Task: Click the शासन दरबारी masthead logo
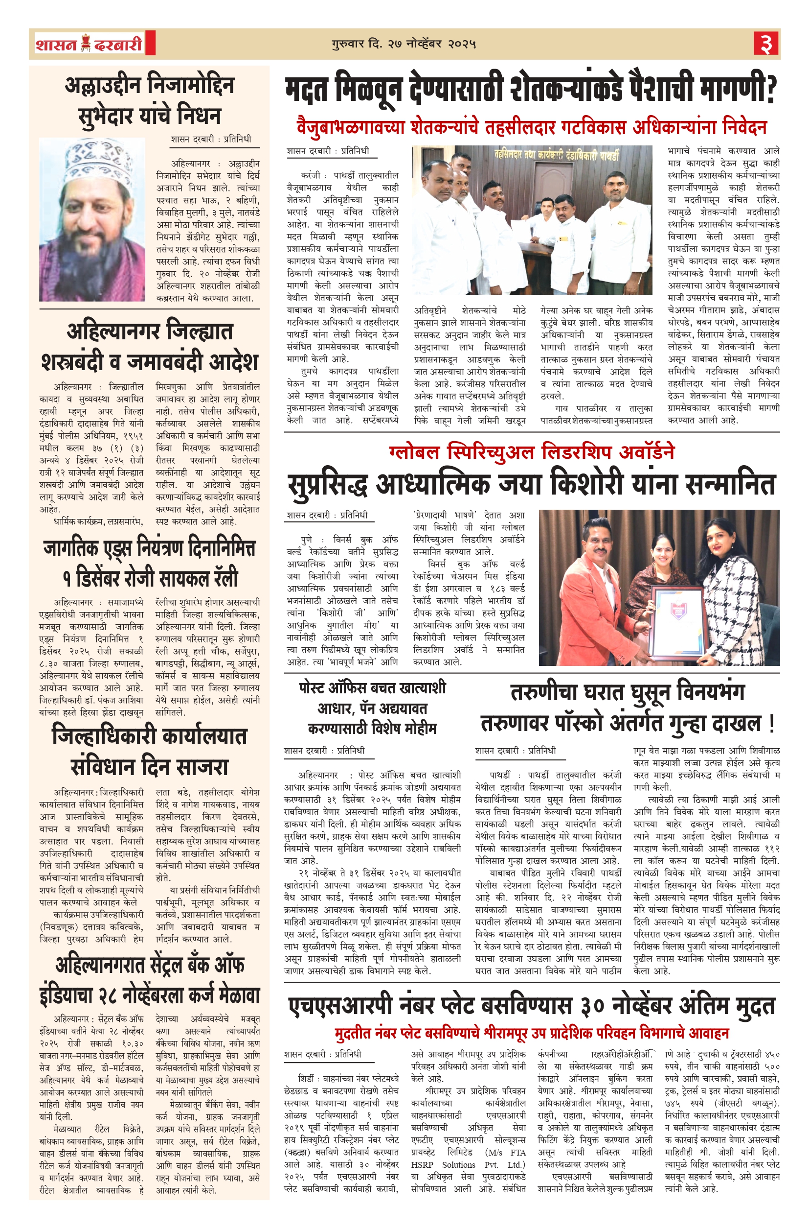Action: (x=89, y=44)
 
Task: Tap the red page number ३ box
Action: (x=765, y=44)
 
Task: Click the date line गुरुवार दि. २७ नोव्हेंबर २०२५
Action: (x=404, y=44)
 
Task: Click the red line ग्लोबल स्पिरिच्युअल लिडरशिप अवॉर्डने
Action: (x=531, y=452)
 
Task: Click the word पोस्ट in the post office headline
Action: (x=316, y=688)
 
